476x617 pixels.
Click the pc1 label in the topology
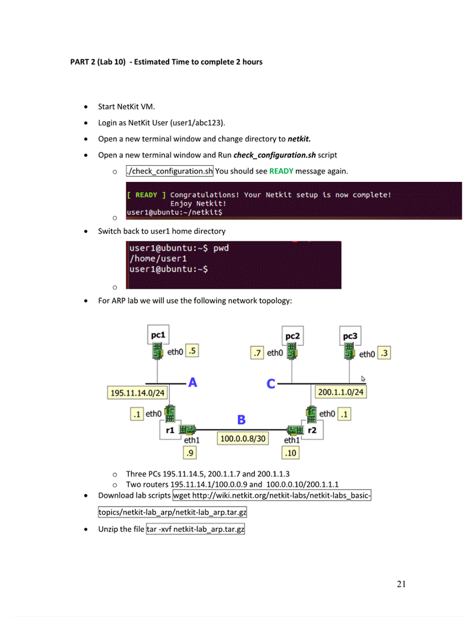point(159,334)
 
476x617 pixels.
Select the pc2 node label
point(293,336)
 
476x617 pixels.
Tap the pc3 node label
point(350,336)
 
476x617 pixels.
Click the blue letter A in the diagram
point(193,382)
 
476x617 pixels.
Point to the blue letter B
point(241,419)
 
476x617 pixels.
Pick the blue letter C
point(271,384)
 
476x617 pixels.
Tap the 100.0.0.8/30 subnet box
point(243,439)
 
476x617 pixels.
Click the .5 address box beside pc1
point(193,351)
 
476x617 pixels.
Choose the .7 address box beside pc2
point(258,352)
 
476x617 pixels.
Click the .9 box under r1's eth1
point(190,452)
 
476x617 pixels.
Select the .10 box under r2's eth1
point(291,452)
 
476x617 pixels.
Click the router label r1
point(170,430)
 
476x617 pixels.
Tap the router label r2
point(312,430)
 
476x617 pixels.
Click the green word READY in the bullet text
point(281,171)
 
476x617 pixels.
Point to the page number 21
point(402,583)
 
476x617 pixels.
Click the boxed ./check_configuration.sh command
point(170,171)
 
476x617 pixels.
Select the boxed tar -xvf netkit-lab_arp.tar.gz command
point(196,529)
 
